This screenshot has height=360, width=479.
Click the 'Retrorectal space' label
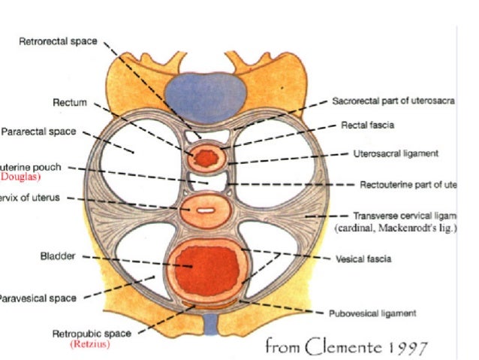[58, 41]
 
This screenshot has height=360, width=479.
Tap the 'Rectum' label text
[70, 101]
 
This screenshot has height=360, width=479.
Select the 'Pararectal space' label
[38, 132]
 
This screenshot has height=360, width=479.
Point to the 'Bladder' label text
[57, 256]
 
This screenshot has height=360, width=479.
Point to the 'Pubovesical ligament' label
[373, 313]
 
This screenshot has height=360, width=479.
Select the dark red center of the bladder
[204, 265]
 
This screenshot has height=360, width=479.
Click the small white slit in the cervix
[205, 210]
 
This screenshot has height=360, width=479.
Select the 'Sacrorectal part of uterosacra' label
[393, 100]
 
